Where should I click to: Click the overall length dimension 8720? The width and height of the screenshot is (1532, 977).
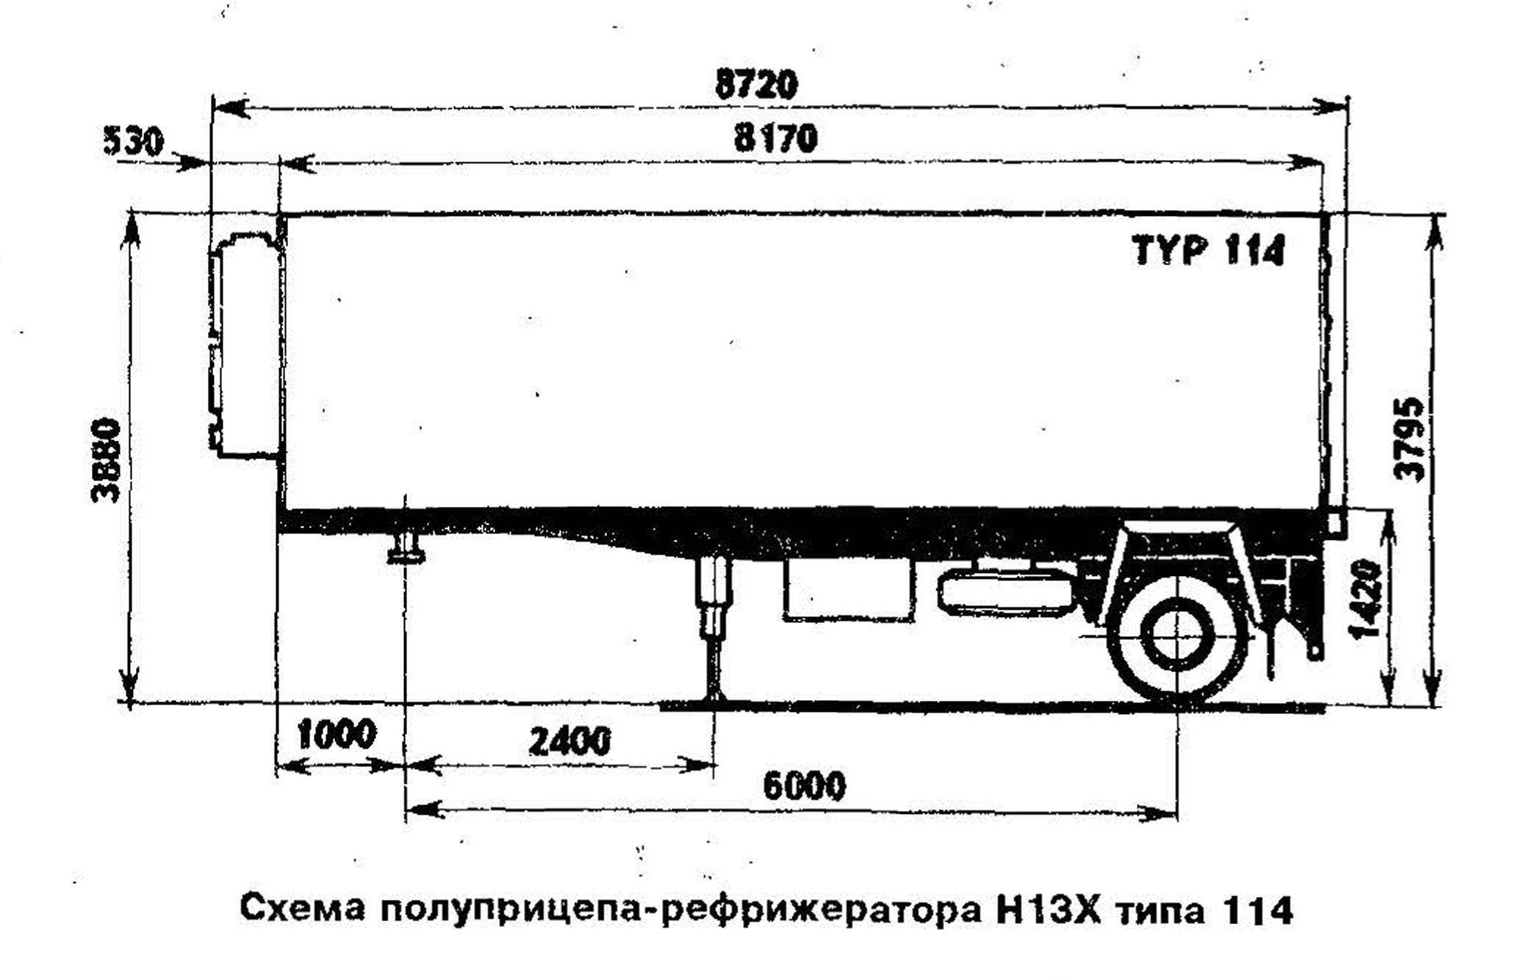[756, 84]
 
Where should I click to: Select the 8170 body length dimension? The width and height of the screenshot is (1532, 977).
[776, 138]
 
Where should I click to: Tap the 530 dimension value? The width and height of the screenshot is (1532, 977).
[133, 141]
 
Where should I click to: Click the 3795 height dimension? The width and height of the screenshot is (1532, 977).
[1409, 439]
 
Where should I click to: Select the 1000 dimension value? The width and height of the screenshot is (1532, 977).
[337, 734]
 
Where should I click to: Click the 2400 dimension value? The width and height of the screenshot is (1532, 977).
[569, 741]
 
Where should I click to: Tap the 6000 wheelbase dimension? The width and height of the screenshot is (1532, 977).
[805, 786]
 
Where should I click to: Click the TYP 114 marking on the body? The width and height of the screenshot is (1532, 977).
[1209, 250]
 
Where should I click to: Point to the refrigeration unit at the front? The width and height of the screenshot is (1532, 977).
[245, 345]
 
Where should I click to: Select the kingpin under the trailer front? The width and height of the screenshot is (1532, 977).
[406, 548]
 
